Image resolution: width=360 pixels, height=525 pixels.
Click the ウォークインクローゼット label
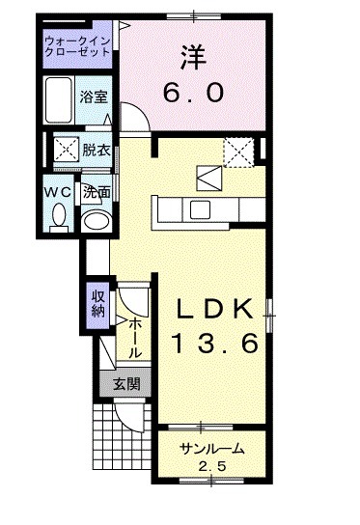78,46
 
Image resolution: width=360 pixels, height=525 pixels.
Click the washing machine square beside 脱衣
66,151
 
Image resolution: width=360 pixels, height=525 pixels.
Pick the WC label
56,192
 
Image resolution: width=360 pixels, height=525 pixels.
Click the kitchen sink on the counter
202,211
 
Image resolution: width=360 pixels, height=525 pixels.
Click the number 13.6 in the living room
216,343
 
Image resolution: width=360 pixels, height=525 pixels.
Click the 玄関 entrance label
125,383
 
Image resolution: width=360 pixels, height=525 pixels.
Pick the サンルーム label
211,450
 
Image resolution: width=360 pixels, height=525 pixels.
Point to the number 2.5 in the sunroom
210,468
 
